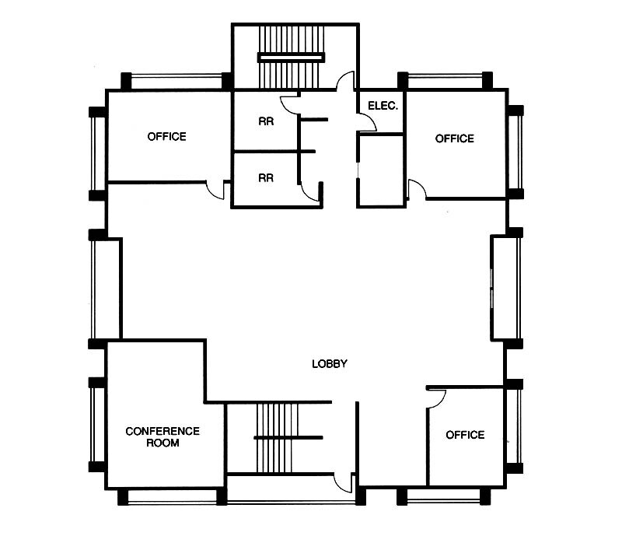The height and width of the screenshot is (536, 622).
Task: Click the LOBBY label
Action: pyautogui.click(x=329, y=363)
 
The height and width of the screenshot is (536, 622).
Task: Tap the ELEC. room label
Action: pyautogui.click(x=383, y=106)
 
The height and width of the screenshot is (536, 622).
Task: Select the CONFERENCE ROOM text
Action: pyautogui.click(x=162, y=436)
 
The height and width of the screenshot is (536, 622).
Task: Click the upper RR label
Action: pyautogui.click(x=265, y=121)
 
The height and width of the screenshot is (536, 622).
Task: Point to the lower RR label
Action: pyautogui.click(x=265, y=177)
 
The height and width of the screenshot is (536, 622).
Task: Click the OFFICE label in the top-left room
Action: pyautogui.click(x=166, y=137)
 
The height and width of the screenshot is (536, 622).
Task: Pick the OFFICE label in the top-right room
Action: pyautogui.click(x=454, y=138)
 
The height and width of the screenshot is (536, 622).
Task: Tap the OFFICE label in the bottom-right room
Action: pyautogui.click(x=465, y=435)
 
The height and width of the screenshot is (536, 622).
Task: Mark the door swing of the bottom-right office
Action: pyautogui.click(x=435, y=397)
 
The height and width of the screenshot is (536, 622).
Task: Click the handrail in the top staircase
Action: pyautogui.click(x=290, y=56)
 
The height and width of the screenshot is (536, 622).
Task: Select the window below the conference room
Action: pyautogui.click(x=173, y=497)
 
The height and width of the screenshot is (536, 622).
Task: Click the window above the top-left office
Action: pyautogui.click(x=176, y=79)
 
